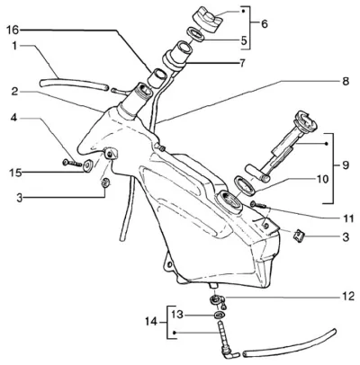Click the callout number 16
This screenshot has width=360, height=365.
13,30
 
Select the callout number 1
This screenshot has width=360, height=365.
14,46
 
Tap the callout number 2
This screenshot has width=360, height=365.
15,92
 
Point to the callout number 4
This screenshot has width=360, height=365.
13,119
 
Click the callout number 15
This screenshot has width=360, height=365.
15,173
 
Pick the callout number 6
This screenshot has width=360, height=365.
264,24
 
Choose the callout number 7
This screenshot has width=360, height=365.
242,63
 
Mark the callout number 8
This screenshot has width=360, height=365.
346,81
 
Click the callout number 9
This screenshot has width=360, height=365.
346,165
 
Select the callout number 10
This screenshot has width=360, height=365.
322,179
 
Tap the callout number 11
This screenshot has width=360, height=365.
348,218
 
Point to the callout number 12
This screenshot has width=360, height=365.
348,297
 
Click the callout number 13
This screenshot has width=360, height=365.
177,315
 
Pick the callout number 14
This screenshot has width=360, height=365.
151,322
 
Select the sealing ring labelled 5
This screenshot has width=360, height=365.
196,34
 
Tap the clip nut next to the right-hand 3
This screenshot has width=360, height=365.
299,236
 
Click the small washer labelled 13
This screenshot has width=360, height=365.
220,315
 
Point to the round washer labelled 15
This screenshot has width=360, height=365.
88,166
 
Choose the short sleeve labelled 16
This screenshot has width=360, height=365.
157,78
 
